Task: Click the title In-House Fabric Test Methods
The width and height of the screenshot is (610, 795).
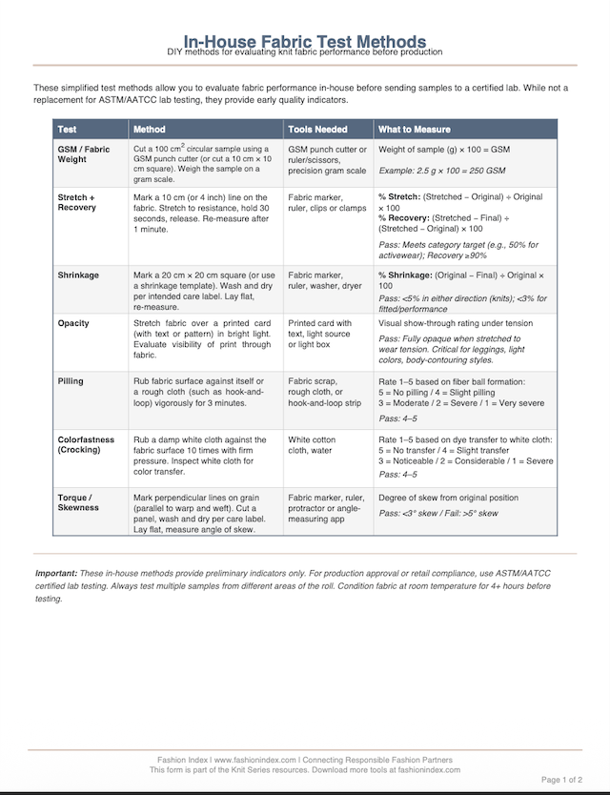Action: click(305, 41)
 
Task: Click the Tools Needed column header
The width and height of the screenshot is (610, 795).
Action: click(317, 129)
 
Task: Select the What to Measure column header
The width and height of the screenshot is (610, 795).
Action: click(415, 129)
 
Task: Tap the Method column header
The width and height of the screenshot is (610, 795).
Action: click(150, 129)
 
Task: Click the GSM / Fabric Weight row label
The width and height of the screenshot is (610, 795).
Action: click(83, 154)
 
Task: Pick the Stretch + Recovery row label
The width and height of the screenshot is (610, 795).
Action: click(77, 202)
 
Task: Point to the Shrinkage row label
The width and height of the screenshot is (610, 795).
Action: click(78, 275)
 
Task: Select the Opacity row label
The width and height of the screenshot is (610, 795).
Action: click(73, 323)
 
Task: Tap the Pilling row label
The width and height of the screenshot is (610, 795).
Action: click(71, 381)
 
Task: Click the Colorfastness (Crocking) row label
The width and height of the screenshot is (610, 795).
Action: click(86, 445)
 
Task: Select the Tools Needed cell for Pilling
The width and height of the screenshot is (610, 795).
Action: click(325, 392)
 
